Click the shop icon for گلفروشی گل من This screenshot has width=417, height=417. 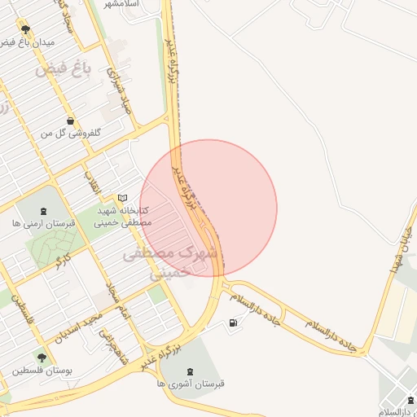[71, 121]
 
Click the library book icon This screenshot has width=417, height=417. [123, 197]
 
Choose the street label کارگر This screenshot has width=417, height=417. [62, 261]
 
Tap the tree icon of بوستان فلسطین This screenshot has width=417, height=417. [42, 357]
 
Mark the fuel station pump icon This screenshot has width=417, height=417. [235, 324]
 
